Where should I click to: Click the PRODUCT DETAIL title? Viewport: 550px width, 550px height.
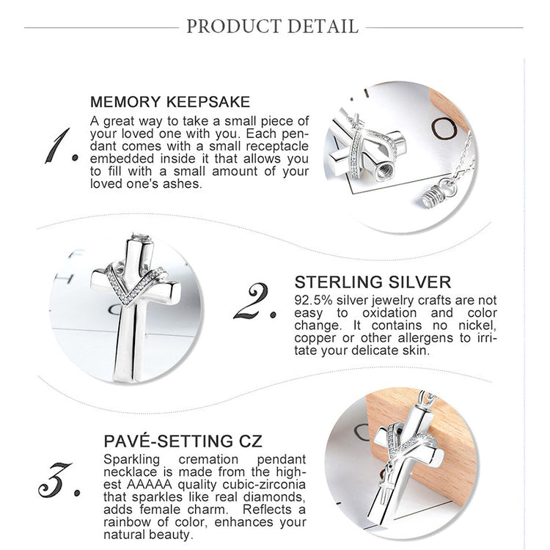[272, 26]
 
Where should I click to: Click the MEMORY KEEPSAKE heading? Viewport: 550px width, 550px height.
[170, 102]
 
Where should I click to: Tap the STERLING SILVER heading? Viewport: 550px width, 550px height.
[373, 282]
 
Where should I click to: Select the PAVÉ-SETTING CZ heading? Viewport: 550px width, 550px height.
[183, 441]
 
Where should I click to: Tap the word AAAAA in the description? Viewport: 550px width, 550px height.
[150, 485]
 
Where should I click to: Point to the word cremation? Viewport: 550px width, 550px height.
[208, 460]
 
